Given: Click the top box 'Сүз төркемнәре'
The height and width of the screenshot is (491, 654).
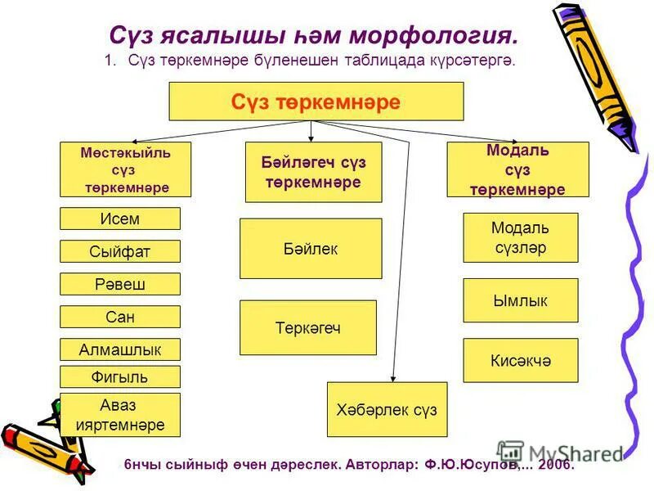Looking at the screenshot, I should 316,101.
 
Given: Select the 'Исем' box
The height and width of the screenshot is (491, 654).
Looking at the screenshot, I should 120,218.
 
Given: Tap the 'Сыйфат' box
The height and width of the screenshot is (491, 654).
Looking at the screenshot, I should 120,251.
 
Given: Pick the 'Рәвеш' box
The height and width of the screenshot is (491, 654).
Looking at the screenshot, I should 120,284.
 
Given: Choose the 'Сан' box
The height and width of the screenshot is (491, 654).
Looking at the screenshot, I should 120,317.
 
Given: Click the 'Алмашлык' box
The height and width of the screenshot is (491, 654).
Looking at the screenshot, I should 120,349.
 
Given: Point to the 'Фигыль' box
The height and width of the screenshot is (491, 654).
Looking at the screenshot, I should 120,376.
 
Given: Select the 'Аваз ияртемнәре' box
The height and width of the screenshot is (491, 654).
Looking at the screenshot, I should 120,415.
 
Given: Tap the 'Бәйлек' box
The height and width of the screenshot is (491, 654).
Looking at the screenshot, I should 311,248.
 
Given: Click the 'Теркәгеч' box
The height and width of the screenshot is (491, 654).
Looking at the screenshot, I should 308,327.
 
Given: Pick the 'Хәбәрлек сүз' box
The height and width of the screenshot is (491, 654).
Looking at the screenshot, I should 387,409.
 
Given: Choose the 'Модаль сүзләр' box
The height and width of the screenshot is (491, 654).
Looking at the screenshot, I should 520,237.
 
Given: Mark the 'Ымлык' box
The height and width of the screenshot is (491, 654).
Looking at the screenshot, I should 520,300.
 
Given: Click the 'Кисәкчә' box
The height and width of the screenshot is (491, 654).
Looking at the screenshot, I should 520,360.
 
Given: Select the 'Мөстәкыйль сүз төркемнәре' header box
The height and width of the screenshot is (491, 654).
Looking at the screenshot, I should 126,169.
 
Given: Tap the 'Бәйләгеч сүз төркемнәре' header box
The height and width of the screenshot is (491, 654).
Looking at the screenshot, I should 313,172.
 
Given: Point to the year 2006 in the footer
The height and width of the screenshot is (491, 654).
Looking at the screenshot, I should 556,464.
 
